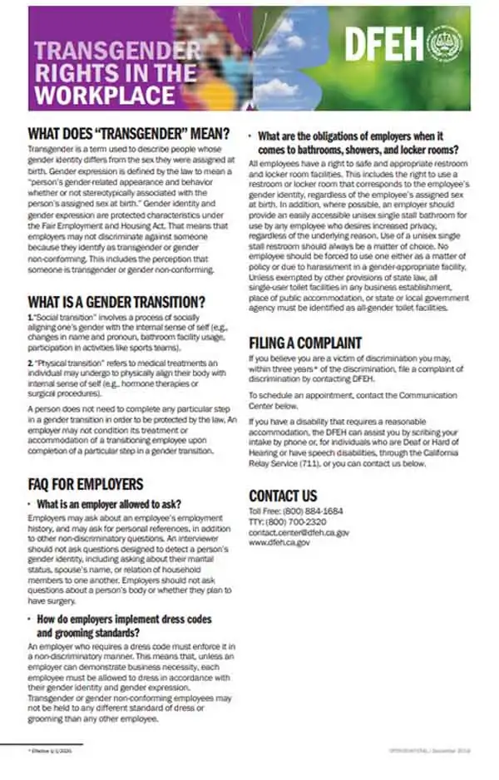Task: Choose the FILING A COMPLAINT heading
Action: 305,343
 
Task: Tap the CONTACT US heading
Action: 283,496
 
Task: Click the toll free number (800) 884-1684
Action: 309,510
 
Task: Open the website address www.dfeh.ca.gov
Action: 279,542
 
